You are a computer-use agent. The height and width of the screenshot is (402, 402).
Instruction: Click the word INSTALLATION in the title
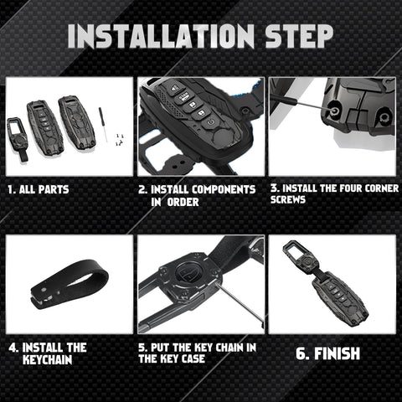pos(161,36)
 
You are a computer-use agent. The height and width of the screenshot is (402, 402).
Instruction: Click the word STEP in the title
pos(299,36)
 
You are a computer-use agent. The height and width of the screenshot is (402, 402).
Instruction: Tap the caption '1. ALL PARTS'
pos(39,189)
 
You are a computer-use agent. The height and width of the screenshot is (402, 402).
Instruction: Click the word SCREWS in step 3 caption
pos(288,200)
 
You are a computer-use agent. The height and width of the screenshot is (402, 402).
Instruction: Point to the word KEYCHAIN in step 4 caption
pos(48,359)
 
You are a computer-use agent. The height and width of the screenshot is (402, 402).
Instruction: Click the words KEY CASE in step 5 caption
pos(183,358)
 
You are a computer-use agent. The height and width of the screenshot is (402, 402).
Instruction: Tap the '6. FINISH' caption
pos(327,353)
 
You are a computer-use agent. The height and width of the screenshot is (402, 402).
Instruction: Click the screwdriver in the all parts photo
pos(103,124)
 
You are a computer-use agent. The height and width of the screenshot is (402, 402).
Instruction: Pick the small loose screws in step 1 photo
pos(120,139)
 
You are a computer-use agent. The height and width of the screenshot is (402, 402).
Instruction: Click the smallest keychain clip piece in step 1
pos(18,139)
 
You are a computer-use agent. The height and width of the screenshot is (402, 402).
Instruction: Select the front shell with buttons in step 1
pos(45,126)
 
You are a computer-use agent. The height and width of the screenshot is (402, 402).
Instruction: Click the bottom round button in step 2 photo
pos(211,122)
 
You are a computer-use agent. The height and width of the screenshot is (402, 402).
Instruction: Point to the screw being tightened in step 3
pos(333,111)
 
